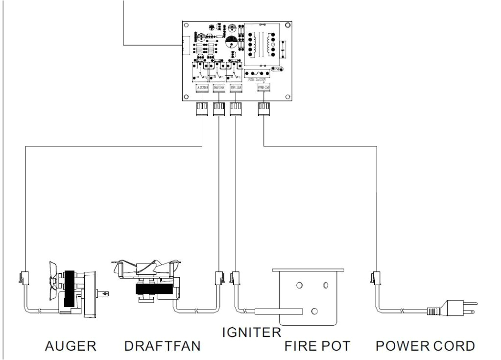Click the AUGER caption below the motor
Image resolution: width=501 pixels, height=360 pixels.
tap(71, 346)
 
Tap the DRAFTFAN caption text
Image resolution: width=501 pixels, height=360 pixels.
tap(162, 346)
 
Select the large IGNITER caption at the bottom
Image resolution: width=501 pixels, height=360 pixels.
tap(251, 333)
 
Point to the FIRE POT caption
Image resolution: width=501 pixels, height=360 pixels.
tap(317, 346)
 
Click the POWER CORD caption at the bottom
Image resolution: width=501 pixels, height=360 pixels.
tap(425, 346)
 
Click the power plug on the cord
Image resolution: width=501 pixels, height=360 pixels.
tap(458, 309)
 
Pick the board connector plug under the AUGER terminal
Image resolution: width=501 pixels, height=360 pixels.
tap(202, 109)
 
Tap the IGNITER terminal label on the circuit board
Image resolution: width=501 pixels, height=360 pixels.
tap(236, 88)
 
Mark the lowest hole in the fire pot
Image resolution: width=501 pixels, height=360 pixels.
tap(314, 311)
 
